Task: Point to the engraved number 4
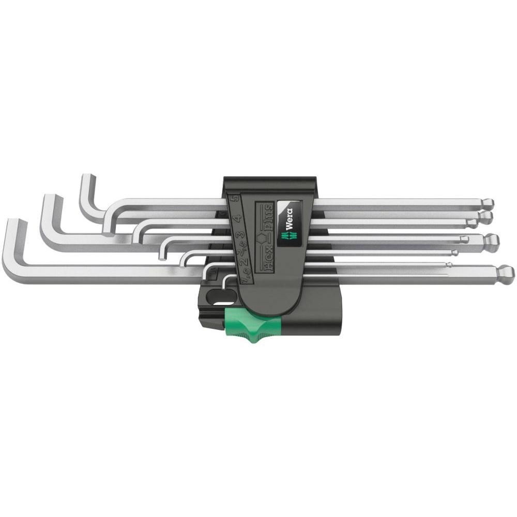237,219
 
